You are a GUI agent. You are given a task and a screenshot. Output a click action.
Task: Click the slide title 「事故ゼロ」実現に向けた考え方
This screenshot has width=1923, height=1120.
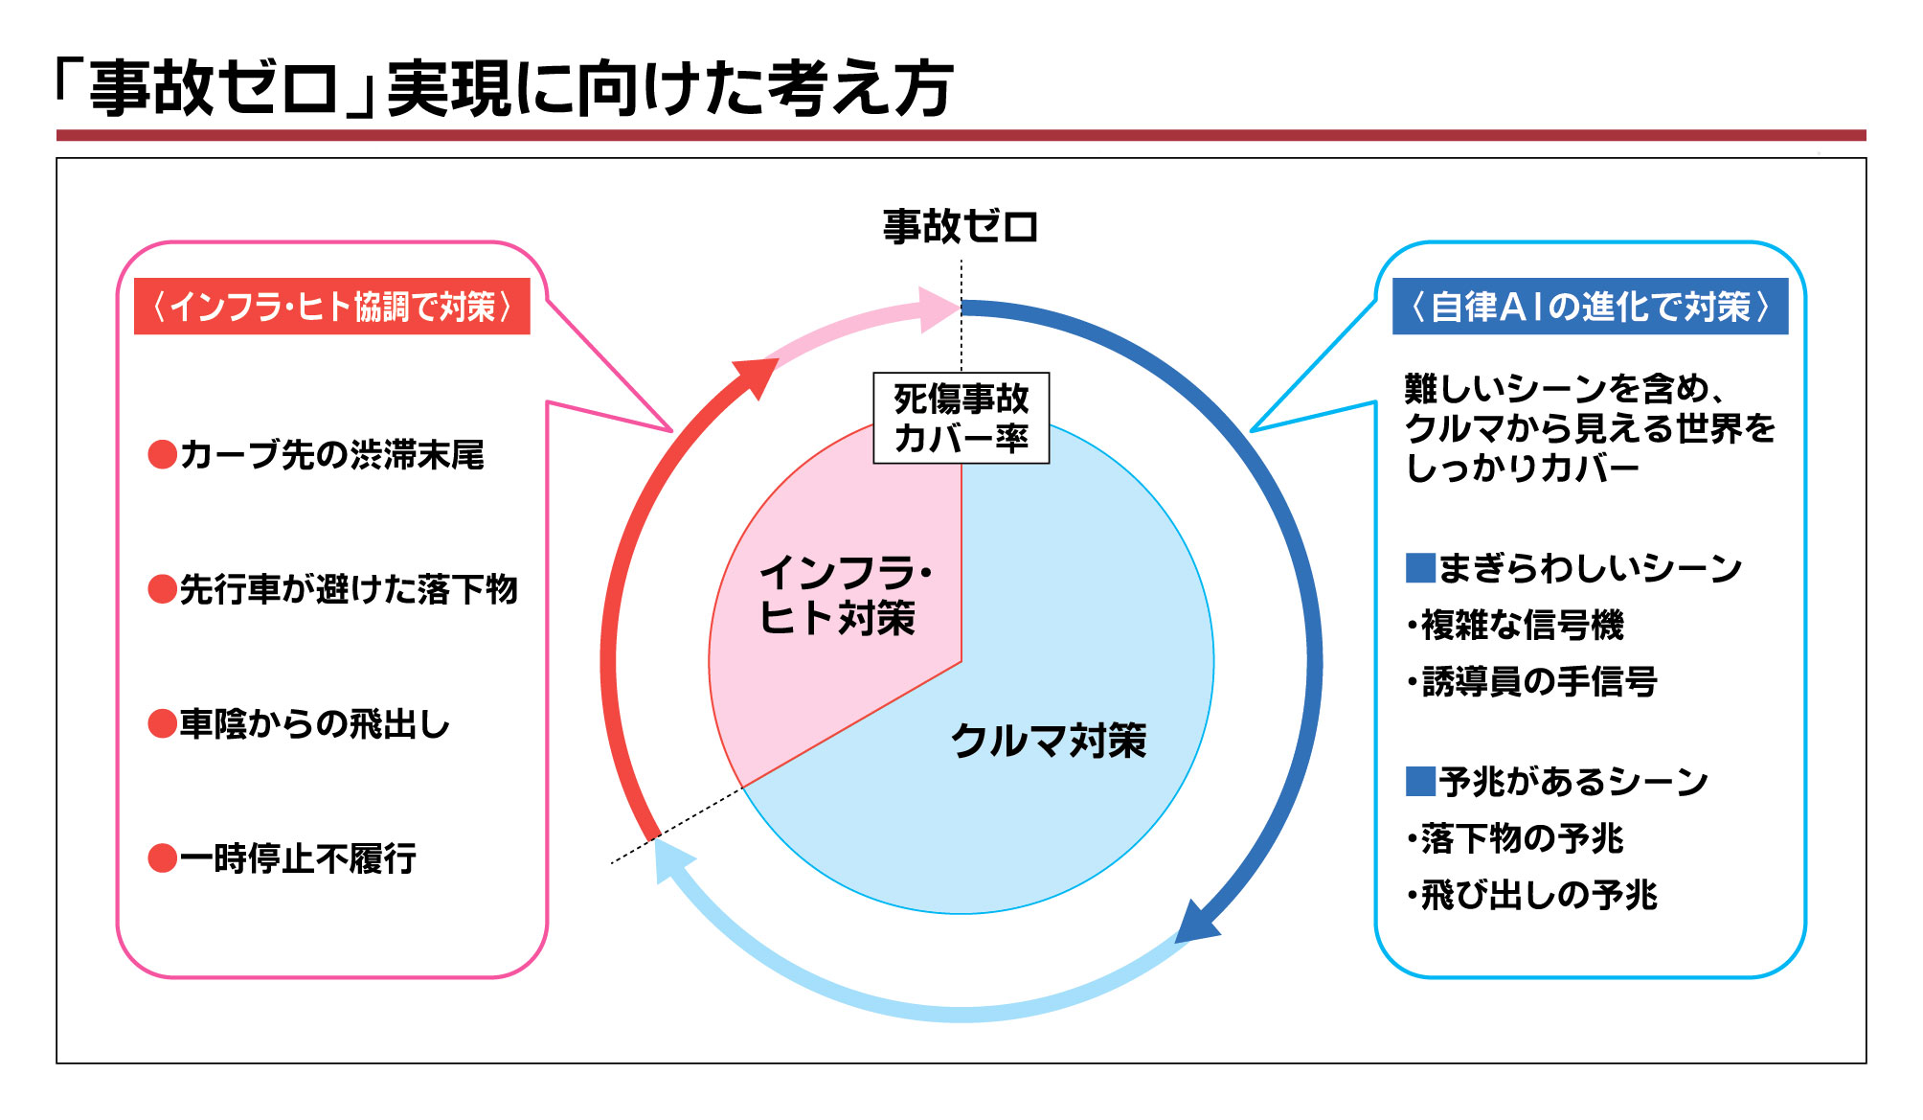503,88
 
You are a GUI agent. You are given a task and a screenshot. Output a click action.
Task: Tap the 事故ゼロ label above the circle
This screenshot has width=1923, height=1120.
961,227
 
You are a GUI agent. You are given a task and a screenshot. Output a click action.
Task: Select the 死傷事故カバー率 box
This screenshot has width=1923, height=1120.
961,418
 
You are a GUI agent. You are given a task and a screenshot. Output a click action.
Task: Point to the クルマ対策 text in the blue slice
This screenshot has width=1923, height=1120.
1049,741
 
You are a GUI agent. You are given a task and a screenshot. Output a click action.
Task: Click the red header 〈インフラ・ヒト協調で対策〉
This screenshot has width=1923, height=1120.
332,307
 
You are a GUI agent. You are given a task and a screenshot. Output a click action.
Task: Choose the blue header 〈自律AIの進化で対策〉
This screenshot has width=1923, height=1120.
1590,307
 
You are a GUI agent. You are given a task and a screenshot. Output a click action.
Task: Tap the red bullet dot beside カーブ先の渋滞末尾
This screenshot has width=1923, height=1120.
163,454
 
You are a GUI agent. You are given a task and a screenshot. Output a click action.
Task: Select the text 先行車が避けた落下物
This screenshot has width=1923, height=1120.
349,589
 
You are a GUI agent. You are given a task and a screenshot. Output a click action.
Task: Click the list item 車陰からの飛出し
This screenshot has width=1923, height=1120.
315,723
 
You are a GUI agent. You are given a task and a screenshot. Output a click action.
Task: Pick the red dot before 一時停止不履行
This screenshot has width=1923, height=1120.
163,858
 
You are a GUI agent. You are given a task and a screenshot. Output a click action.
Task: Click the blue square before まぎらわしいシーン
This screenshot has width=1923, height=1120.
1420,568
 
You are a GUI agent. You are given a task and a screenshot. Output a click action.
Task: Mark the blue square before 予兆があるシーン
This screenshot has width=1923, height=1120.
1420,782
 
